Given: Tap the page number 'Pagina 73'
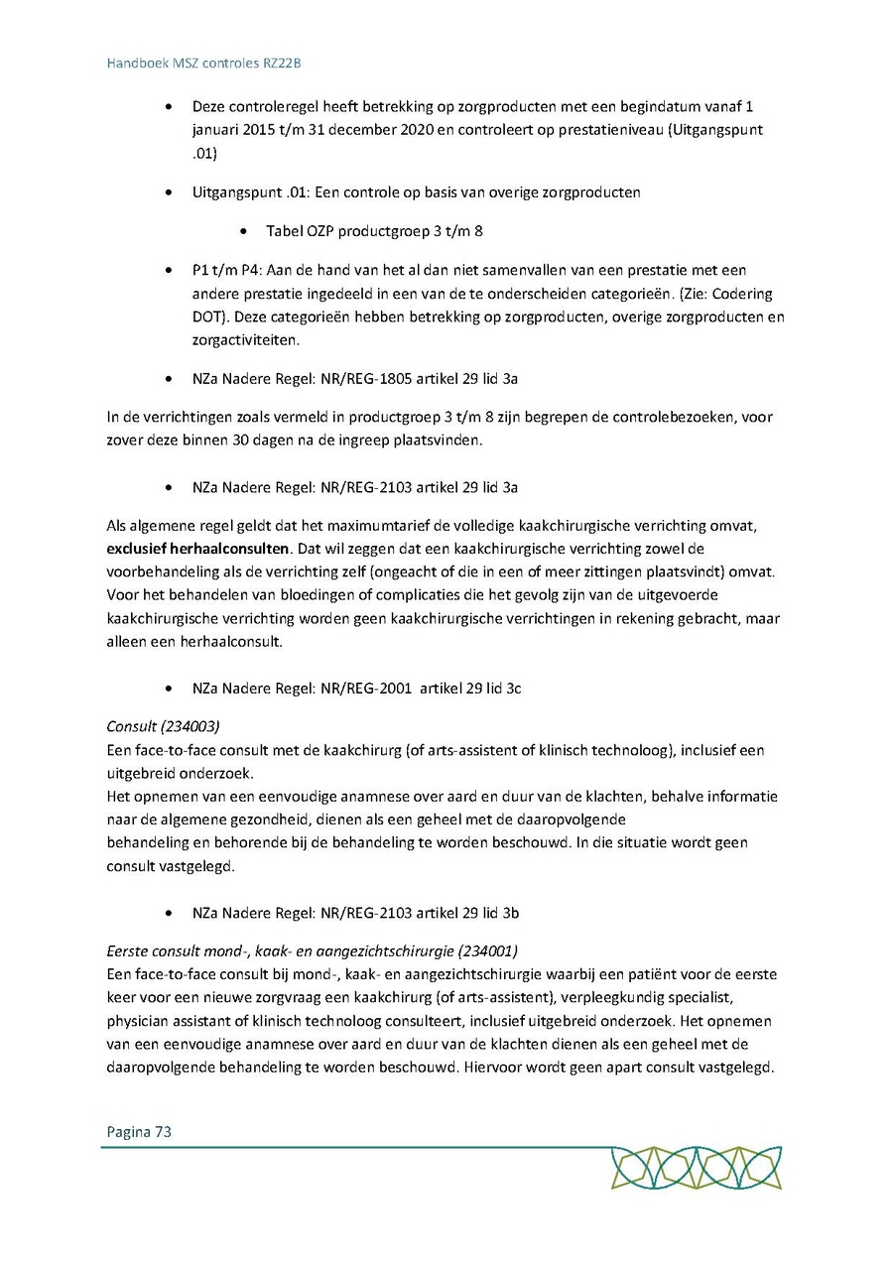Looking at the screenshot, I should pos(139,1131).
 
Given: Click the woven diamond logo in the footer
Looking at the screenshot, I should pos(697,1168).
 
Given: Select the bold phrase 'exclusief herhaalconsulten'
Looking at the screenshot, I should pos(197,548).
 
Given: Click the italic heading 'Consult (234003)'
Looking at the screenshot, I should pos(163,726).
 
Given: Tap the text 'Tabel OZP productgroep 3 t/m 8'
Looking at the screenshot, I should pos(374,231).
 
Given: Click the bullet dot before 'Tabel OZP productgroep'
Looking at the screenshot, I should pos(244,232).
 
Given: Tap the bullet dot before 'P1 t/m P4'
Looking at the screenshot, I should pos(172,271).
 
